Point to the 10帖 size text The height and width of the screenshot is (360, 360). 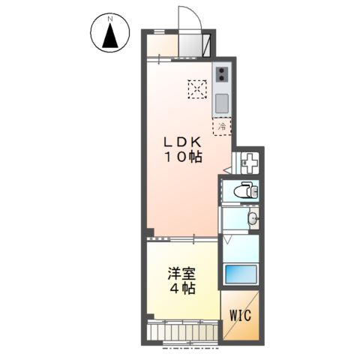183,157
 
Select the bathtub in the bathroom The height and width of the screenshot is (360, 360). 240,273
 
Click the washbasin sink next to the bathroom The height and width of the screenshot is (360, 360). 253,219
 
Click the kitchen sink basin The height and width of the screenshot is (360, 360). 223,102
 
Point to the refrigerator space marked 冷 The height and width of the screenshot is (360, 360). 222,127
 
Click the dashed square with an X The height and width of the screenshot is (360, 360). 197,89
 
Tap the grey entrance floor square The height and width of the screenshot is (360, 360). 194,44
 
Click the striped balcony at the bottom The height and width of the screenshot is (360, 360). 184,330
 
